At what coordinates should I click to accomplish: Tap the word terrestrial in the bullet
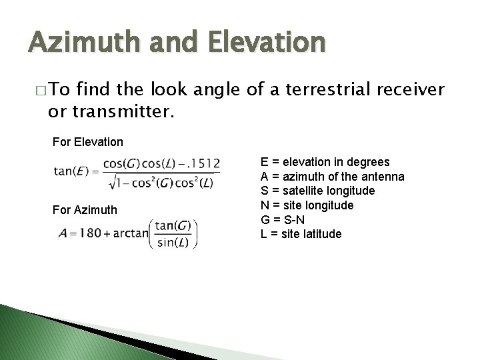click(306, 91)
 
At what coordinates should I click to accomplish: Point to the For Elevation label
click(87, 141)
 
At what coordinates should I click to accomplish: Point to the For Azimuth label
click(85, 210)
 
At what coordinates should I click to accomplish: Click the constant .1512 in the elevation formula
click(203, 164)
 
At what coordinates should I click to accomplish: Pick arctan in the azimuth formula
click(132, 235)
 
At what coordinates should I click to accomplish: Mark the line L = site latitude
click(301, 234)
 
